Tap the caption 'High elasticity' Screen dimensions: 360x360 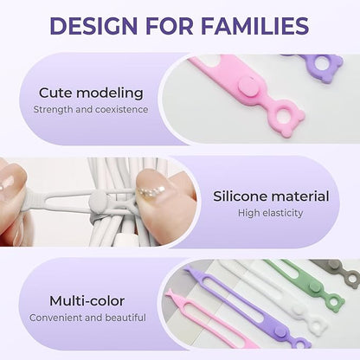(x=271, y=214)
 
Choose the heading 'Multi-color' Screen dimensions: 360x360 (x=87, y=300)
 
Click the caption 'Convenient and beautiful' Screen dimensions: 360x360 (x=87, y=318)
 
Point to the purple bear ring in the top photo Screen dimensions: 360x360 (x=325, y=64)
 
